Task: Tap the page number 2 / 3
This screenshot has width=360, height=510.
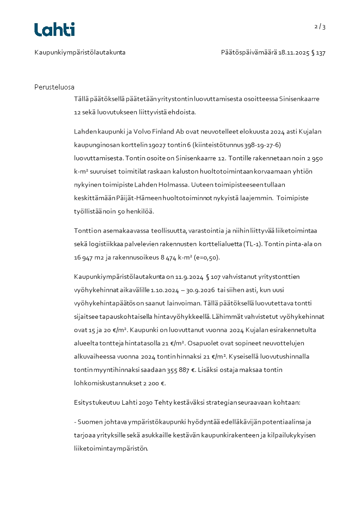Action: pyautogui.click(x=320, y=26)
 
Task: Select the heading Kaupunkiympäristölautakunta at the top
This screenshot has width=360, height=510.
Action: pyautogui.click(x=80, y=52)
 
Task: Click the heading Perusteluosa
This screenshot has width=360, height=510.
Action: pyautogui.click(x=54, y=87)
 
